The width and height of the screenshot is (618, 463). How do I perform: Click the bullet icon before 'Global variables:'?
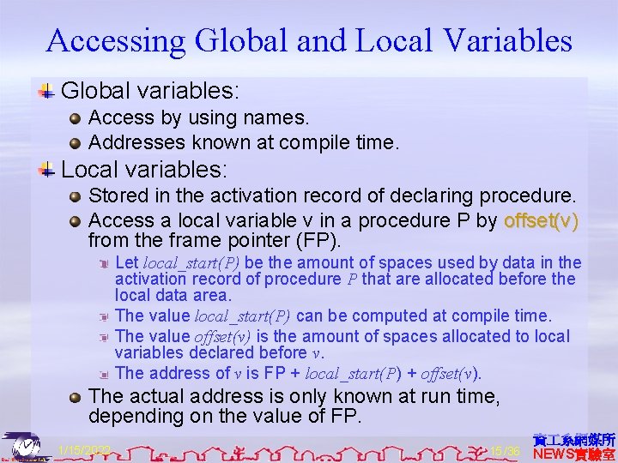pos(48,89)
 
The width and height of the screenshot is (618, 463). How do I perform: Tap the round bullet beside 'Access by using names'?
pos(76,117)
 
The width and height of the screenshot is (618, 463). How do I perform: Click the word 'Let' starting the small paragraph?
pos(127,262)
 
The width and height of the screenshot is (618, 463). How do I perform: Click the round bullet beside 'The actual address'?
pos(76,396)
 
